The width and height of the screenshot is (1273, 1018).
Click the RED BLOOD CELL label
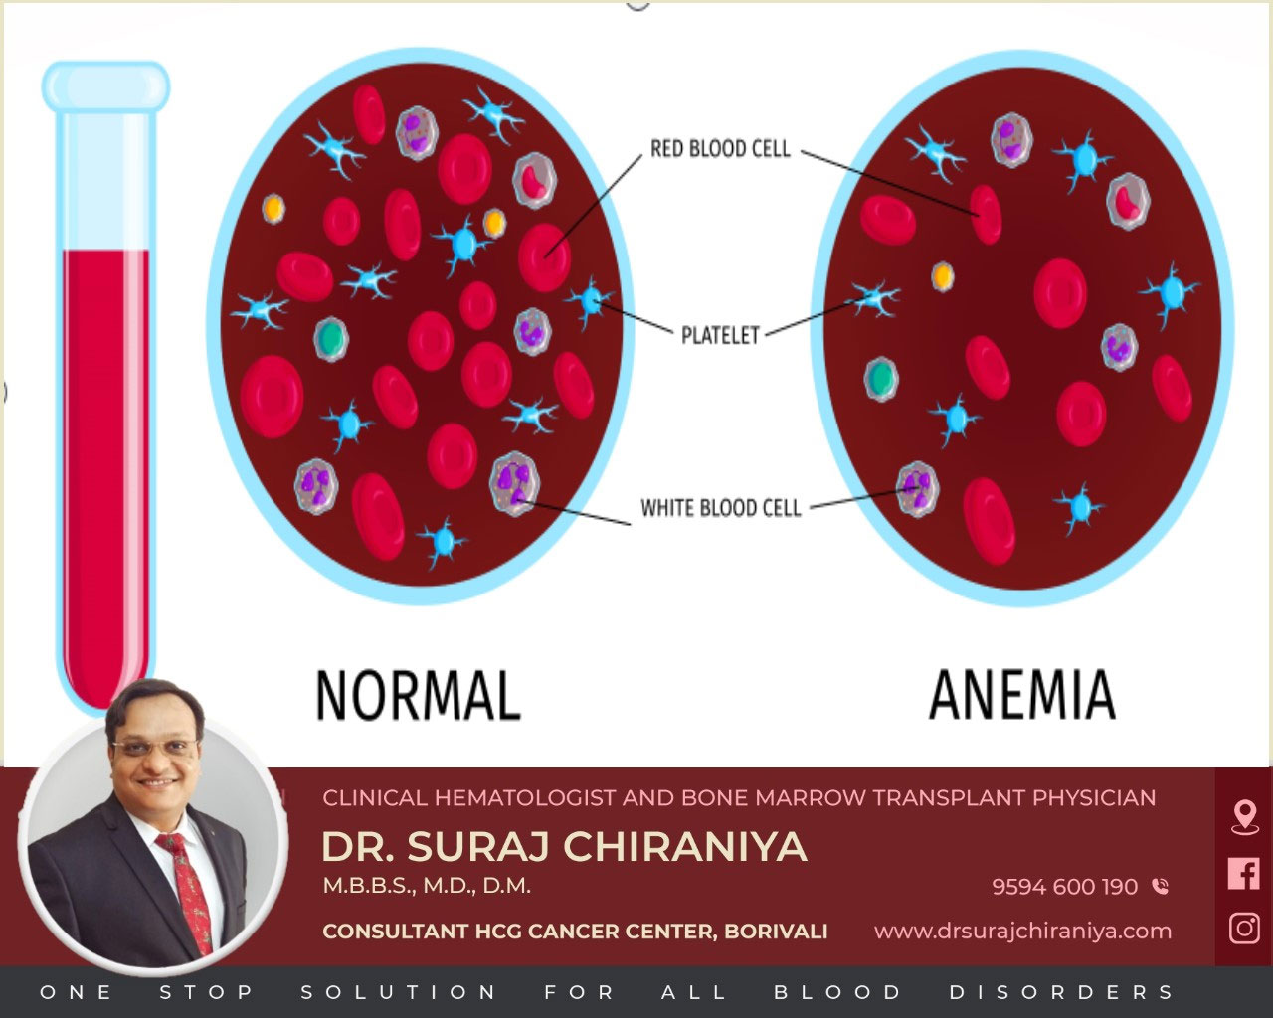[720, 148]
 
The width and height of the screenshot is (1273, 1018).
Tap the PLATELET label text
[720, 335]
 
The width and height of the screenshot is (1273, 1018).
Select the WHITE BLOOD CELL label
[720, 508]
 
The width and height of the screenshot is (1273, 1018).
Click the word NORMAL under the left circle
[419, 695]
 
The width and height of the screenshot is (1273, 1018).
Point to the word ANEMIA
[1022, 695]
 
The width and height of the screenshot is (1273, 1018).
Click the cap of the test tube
[105, 87]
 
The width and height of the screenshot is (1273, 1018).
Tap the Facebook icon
[1243, 873]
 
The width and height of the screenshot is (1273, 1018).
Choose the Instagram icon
[1244, 928]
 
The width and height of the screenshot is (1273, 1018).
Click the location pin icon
[1244, 818]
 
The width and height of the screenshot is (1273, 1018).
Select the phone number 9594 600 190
[1065, 887]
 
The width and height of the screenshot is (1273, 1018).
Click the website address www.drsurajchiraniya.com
[1022, 932]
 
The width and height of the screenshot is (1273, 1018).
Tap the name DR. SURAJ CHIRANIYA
[564, 846]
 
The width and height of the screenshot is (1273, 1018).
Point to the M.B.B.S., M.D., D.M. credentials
[427, 886]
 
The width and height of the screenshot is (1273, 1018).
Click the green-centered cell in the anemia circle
[881, 379]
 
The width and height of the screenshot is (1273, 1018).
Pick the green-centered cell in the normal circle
[331, 339]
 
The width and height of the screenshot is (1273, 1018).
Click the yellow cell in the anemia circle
[943, 276]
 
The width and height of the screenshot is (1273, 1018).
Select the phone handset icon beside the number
[1160, 886]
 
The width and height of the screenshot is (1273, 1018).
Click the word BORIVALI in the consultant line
[776, 932]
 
